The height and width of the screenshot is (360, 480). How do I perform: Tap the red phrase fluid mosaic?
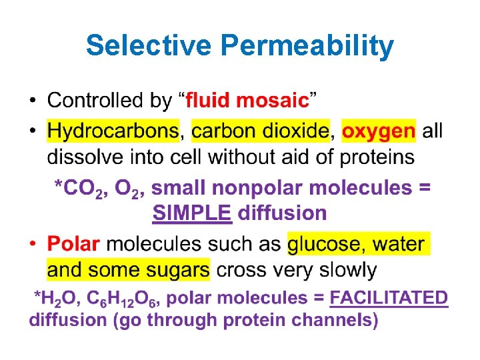247,101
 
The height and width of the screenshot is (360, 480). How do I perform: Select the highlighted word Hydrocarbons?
113,131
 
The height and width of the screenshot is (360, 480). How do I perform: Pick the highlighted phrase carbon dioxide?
260,130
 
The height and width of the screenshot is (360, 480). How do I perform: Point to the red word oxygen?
378,131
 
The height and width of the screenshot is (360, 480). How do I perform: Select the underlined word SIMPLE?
192,213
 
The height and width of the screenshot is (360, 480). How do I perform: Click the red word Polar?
73,244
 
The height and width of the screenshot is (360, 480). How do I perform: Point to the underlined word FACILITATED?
389,297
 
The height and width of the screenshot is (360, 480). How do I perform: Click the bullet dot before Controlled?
33,102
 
